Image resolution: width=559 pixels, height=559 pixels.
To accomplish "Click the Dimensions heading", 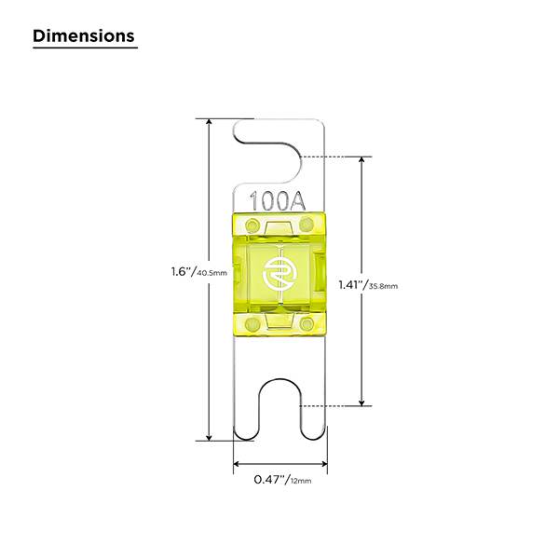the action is (x=84, y=36).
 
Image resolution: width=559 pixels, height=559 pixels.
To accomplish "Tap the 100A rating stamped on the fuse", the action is (x=278, y=201).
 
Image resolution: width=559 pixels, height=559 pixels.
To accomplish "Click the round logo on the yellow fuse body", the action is (x=279, y=274).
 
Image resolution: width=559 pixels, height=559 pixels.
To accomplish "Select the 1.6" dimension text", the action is (x=184, y=272).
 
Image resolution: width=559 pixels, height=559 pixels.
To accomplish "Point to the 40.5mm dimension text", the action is (x=211, y=273).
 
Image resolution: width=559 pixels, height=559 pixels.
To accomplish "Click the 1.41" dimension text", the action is (x=352, y=285).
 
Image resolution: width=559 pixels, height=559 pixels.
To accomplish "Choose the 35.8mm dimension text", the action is (x=383, y=286).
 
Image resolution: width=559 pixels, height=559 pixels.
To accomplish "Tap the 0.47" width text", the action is (x=270, y=479).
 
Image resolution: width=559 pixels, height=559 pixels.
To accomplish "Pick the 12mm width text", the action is (x=301, y=481).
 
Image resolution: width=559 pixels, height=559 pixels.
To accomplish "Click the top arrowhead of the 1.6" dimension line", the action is (x=210, y=121).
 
